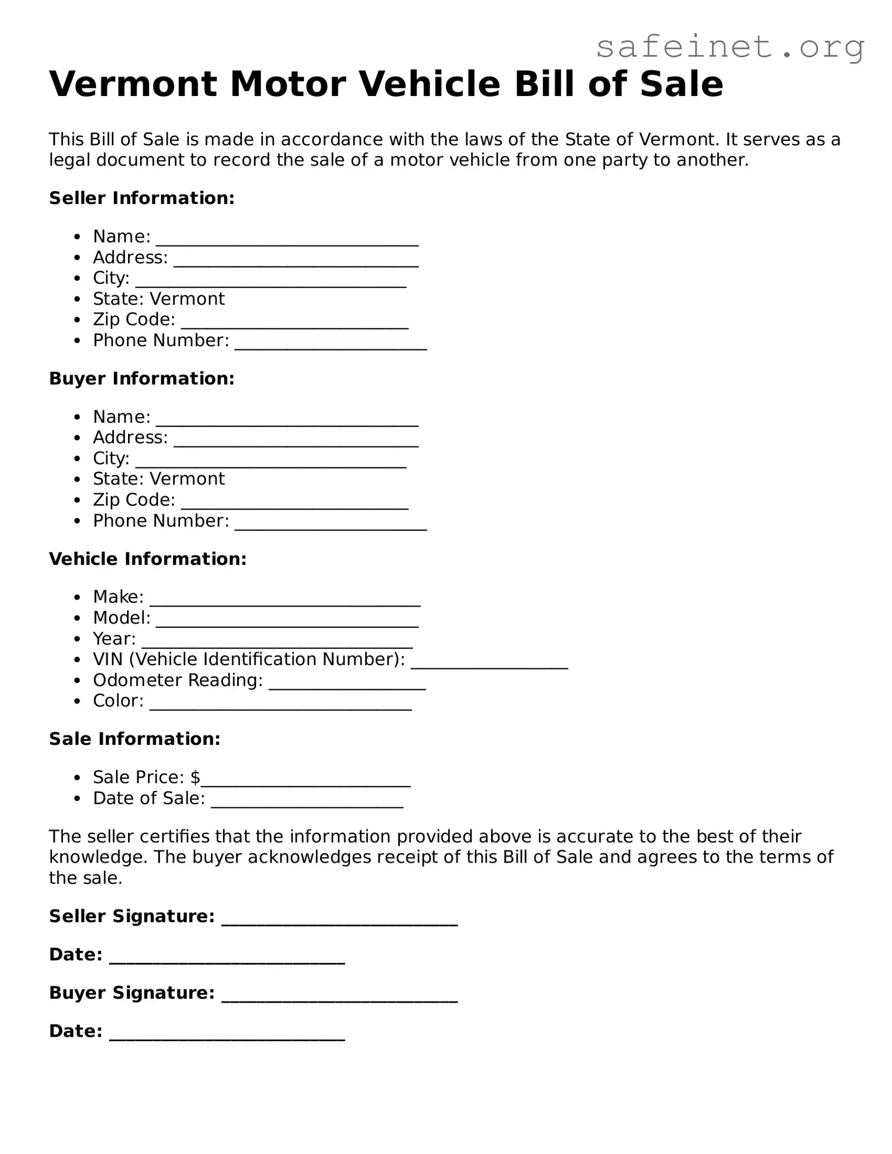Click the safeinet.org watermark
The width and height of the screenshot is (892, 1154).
730,48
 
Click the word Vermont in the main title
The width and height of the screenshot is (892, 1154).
133,85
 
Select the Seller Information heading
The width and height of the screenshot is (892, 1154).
142,198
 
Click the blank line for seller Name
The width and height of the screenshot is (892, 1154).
287,241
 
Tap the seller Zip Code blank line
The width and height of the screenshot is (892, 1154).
294,324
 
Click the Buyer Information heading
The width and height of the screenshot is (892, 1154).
142,378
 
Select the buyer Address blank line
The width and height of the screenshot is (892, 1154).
296,442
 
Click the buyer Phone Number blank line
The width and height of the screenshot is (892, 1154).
330,525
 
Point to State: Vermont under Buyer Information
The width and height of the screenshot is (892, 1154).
158,479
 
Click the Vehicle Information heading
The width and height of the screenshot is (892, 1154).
148,558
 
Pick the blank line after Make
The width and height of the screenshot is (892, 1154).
285,601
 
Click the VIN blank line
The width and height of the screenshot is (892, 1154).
489,664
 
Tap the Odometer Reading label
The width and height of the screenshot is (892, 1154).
177,680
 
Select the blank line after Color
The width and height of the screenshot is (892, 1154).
281,705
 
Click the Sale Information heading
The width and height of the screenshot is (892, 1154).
135,738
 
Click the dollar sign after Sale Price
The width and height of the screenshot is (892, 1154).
195,777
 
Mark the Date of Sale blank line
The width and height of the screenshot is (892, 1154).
307,803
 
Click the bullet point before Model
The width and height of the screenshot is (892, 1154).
78,618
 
